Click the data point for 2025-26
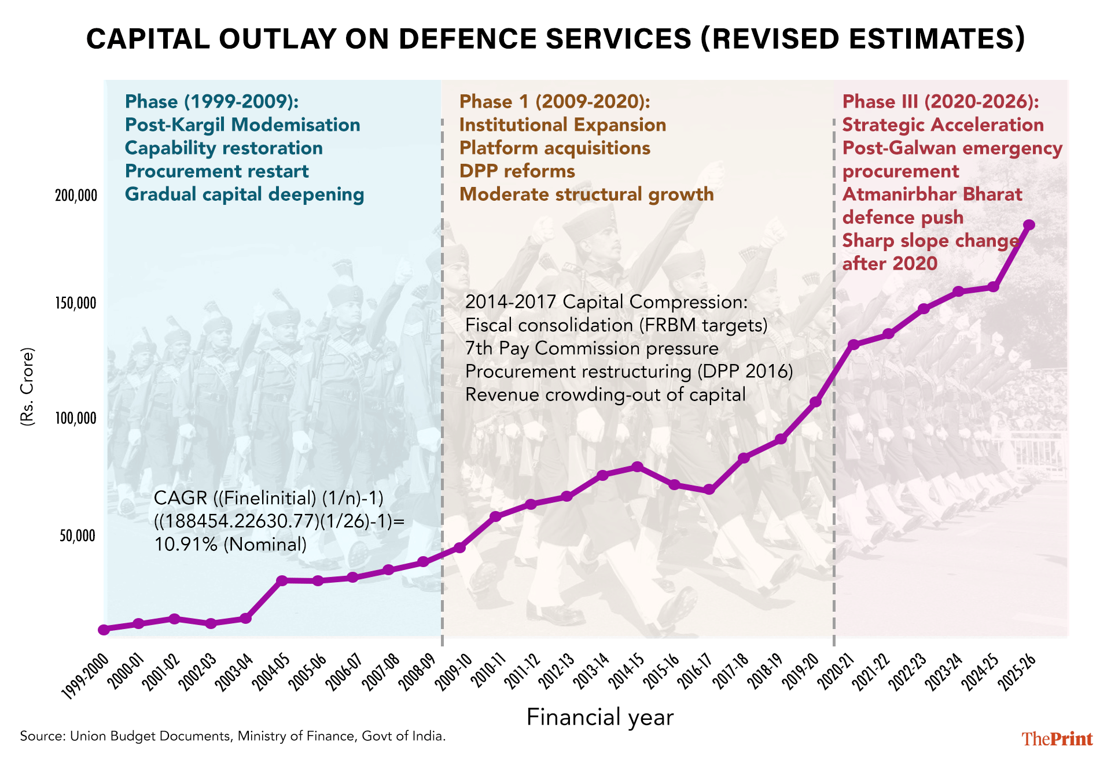coord(1029,225)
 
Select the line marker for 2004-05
coord(281,580)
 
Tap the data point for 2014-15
coord(637,467)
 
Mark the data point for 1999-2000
coord(104,630)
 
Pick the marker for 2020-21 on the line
coord(854,344)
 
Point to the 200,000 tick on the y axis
coord(76,196)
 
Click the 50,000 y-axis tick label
coord(78,536)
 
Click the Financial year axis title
coord(600,718)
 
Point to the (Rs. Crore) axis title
coord(27,387)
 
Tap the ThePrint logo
coord(1057,739)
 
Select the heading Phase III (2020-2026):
coord(940,102)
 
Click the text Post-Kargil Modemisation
coord(242,125)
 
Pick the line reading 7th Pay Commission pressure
coord(591,348)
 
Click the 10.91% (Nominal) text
coord(230,544)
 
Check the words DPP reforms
coord(517,171)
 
